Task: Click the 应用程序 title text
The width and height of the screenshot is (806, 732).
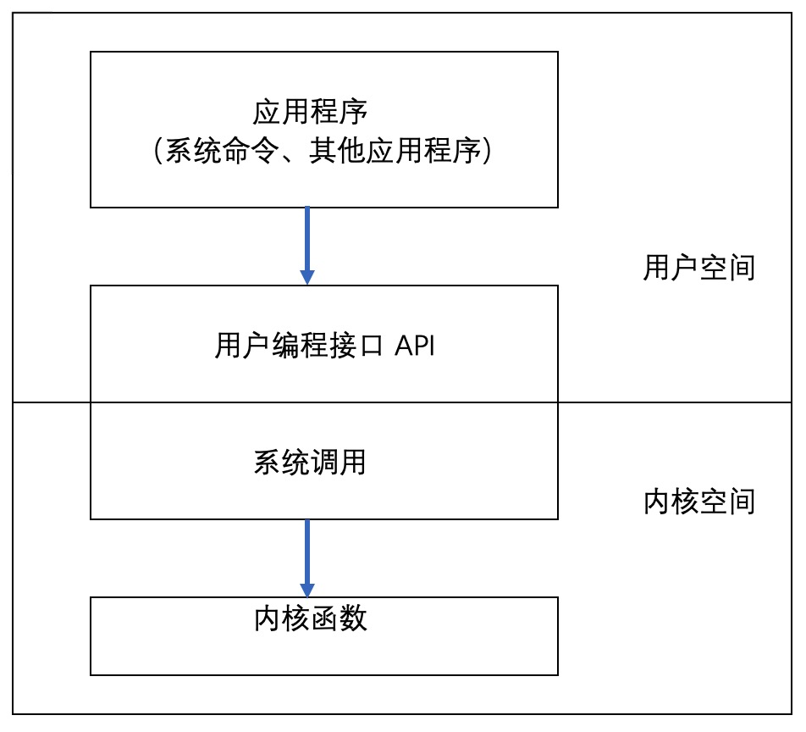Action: (x=310, y=113)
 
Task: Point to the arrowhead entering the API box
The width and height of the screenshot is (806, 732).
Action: (x=307, y=277)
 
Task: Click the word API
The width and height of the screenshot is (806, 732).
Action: (x=415, y=346)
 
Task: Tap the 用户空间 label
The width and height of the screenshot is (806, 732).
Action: (x=698, y=269)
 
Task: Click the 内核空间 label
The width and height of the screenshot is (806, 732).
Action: (x=698, y=502)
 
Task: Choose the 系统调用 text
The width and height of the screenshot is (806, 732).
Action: (x=310, y=462)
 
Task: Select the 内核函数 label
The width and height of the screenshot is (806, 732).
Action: (x=310, y=618)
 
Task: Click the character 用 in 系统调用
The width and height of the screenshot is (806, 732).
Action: (x=353, y=462)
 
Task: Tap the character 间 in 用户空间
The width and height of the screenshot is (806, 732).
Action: (x=741, y=269)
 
